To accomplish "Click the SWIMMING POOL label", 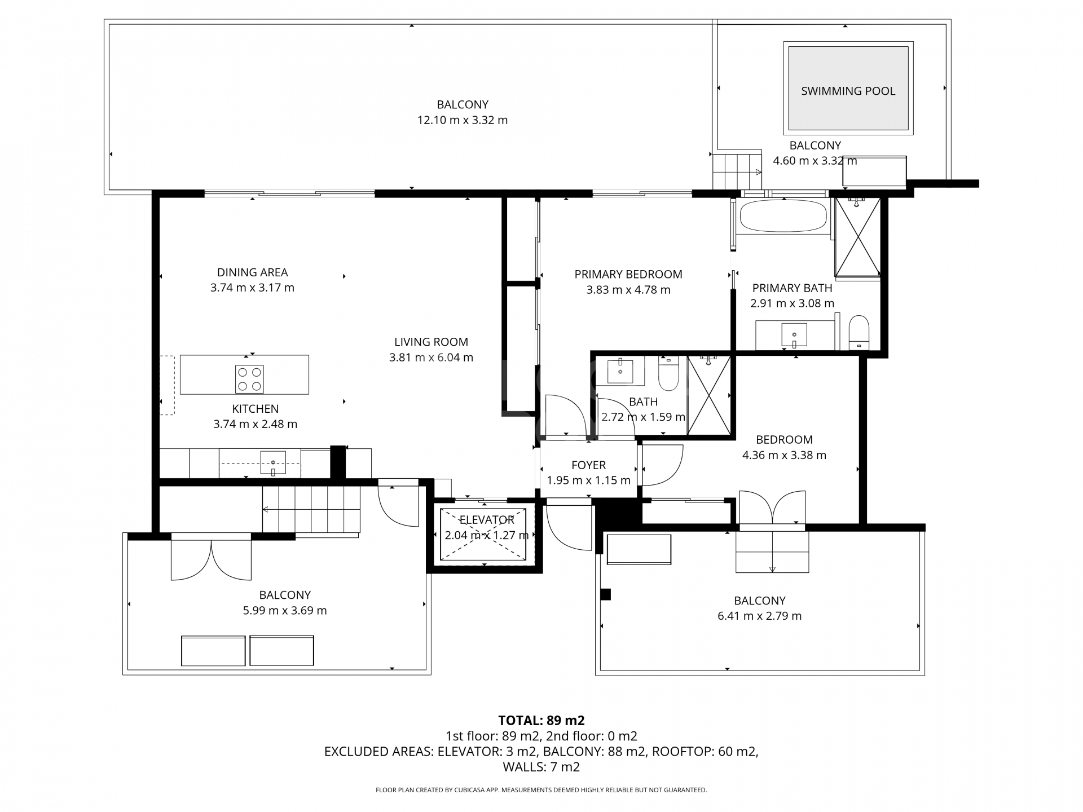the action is click(848, 91).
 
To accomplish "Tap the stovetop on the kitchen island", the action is click(250, 379).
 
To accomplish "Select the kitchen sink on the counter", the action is click(273, 463).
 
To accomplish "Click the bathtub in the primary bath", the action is click(783, 216).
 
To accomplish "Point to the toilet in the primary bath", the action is click(859, 333).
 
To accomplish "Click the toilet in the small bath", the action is click(668, 373).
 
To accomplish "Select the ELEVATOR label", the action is click(487, 520).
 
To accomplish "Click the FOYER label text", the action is click(588, 465).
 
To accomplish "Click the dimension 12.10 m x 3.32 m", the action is click(463, 120).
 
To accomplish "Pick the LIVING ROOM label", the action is click(431, 342).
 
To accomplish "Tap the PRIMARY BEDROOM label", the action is click(628, 275).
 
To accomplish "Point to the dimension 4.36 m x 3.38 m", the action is click(784, 455).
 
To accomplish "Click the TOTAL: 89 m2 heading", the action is click(541, 720).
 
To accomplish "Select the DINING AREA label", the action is click(253, 272).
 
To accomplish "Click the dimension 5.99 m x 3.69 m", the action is click(285, 610).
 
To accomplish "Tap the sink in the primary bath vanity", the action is click(794, 335).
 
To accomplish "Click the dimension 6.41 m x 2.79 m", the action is click(759, 616).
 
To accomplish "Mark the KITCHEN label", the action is click(255, 409).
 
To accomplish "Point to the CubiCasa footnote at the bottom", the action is click(541, 790).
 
